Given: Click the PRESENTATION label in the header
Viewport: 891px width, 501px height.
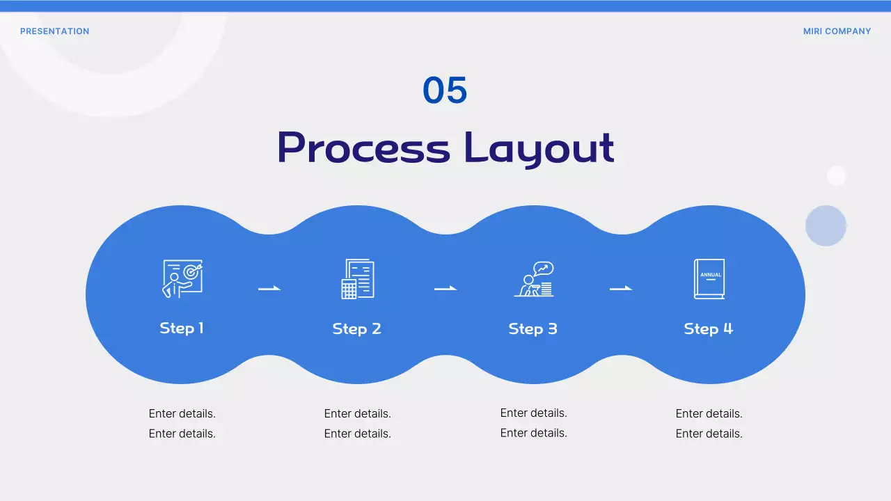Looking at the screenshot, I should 54,31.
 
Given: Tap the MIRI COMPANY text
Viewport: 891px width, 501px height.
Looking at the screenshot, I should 837,31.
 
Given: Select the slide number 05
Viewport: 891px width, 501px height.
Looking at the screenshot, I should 445,90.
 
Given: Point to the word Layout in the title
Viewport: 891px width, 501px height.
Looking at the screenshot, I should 539,148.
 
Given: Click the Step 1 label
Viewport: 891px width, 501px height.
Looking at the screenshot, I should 182,328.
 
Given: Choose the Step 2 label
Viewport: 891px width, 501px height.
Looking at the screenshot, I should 357,328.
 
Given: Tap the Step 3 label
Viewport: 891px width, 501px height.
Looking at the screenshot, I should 533,328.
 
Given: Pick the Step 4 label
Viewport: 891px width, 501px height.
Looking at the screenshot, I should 709,328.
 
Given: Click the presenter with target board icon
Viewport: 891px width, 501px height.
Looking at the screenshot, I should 182,279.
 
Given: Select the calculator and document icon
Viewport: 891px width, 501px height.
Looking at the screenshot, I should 357,279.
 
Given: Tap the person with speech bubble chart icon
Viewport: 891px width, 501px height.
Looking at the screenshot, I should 533,279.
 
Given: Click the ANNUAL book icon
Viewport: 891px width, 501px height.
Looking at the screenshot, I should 709,279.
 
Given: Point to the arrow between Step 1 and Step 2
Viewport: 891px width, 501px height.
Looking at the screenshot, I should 269,288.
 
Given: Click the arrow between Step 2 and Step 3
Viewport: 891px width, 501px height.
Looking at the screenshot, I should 445,288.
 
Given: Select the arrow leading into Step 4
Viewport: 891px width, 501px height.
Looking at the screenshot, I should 621,288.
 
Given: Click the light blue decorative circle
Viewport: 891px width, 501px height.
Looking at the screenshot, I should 826,225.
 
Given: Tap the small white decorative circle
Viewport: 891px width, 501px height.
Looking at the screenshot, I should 836,175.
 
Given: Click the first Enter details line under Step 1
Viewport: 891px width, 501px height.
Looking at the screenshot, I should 182,413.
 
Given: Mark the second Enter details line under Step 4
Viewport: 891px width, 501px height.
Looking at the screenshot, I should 709,434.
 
